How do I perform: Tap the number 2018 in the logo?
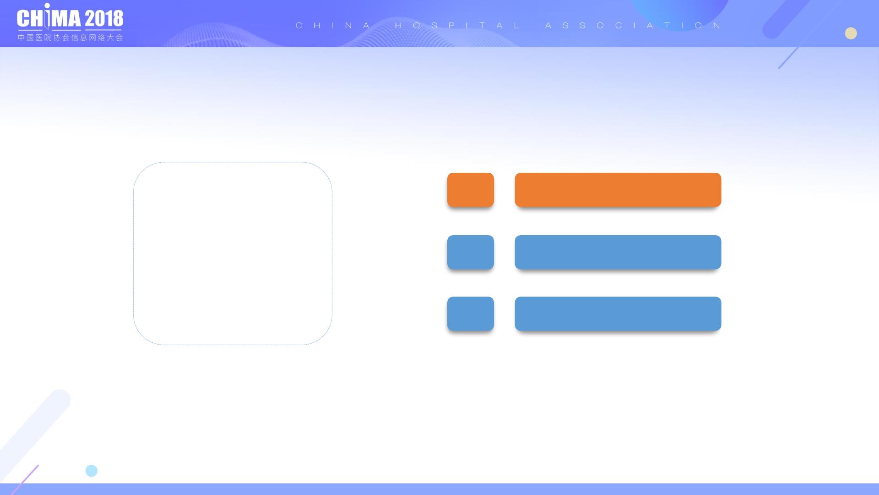tap(104, 18)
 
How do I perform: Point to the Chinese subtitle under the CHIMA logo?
tap(71, 38)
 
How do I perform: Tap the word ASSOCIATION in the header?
tap(633, 26)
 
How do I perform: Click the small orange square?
tap(471, 190)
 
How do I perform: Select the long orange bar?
tap(618, 190)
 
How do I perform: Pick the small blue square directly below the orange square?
tap(471, 252)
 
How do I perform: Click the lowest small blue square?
tap(471, 314)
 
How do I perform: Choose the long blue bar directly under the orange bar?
tap(618, 252)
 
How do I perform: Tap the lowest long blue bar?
tap(618, 314)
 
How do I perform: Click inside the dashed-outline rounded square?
tap(233, 253)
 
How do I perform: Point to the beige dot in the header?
tap(851, 33)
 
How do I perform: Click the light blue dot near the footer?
tap(92, 471)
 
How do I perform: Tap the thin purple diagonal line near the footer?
tap(24, 480)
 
